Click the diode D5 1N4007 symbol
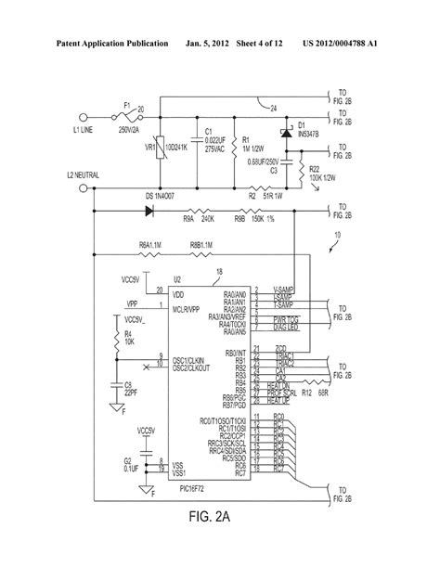click(x=149, y=210)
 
